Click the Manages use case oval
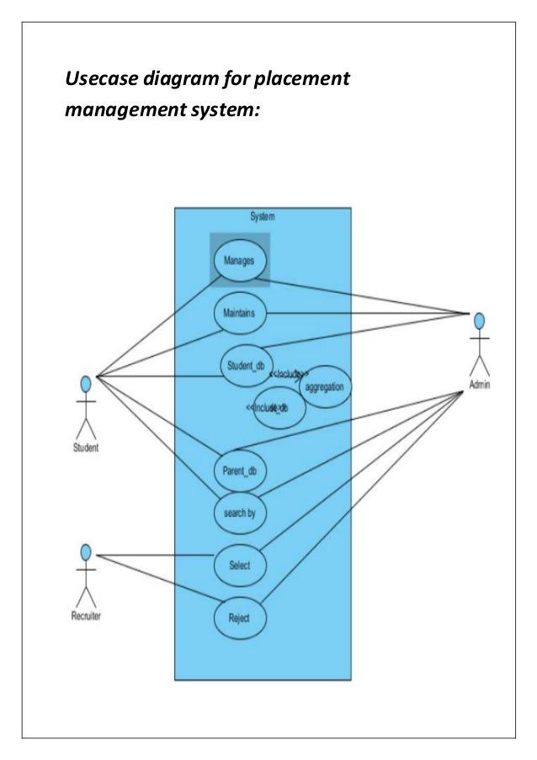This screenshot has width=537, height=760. [240, 260]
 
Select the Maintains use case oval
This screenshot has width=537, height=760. [240, 313]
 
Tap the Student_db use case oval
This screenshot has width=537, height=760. [245, 365]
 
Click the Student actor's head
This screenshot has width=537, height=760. [85, 384]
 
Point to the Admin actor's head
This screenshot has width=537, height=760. [479, 321]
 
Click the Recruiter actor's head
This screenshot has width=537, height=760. [85, 552]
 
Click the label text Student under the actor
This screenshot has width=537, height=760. [85, 448]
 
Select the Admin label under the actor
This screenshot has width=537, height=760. [480, 385]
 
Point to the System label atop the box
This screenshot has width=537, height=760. [262, 217]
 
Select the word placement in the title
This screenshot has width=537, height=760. [300, 81]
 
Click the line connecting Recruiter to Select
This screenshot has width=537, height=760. [156, 555]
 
